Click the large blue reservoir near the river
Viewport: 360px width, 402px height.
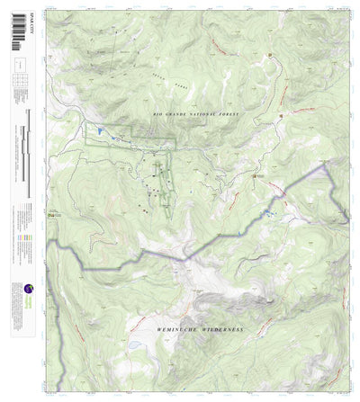point(99,132)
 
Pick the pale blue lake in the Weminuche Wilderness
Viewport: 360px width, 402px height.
point(133,344)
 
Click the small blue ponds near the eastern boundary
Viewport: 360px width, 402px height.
point(267,213)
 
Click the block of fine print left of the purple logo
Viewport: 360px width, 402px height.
point(15,297)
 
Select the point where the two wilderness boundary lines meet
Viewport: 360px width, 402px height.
point(186,259)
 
